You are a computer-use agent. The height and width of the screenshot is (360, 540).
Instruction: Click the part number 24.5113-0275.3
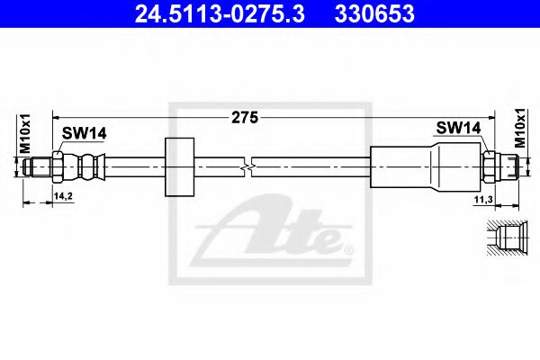[x=210, y=13]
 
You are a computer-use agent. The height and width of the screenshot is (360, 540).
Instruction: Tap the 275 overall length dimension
[x=245, y=117]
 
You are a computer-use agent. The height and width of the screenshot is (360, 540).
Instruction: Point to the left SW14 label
[x=84, y=133]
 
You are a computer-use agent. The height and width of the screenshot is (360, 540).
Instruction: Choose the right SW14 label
[x=458, y=129]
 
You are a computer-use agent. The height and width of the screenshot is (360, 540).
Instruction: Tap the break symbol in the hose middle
[x=249, y=166]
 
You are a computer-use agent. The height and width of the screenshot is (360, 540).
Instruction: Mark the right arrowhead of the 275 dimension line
[x=491, y=117]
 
